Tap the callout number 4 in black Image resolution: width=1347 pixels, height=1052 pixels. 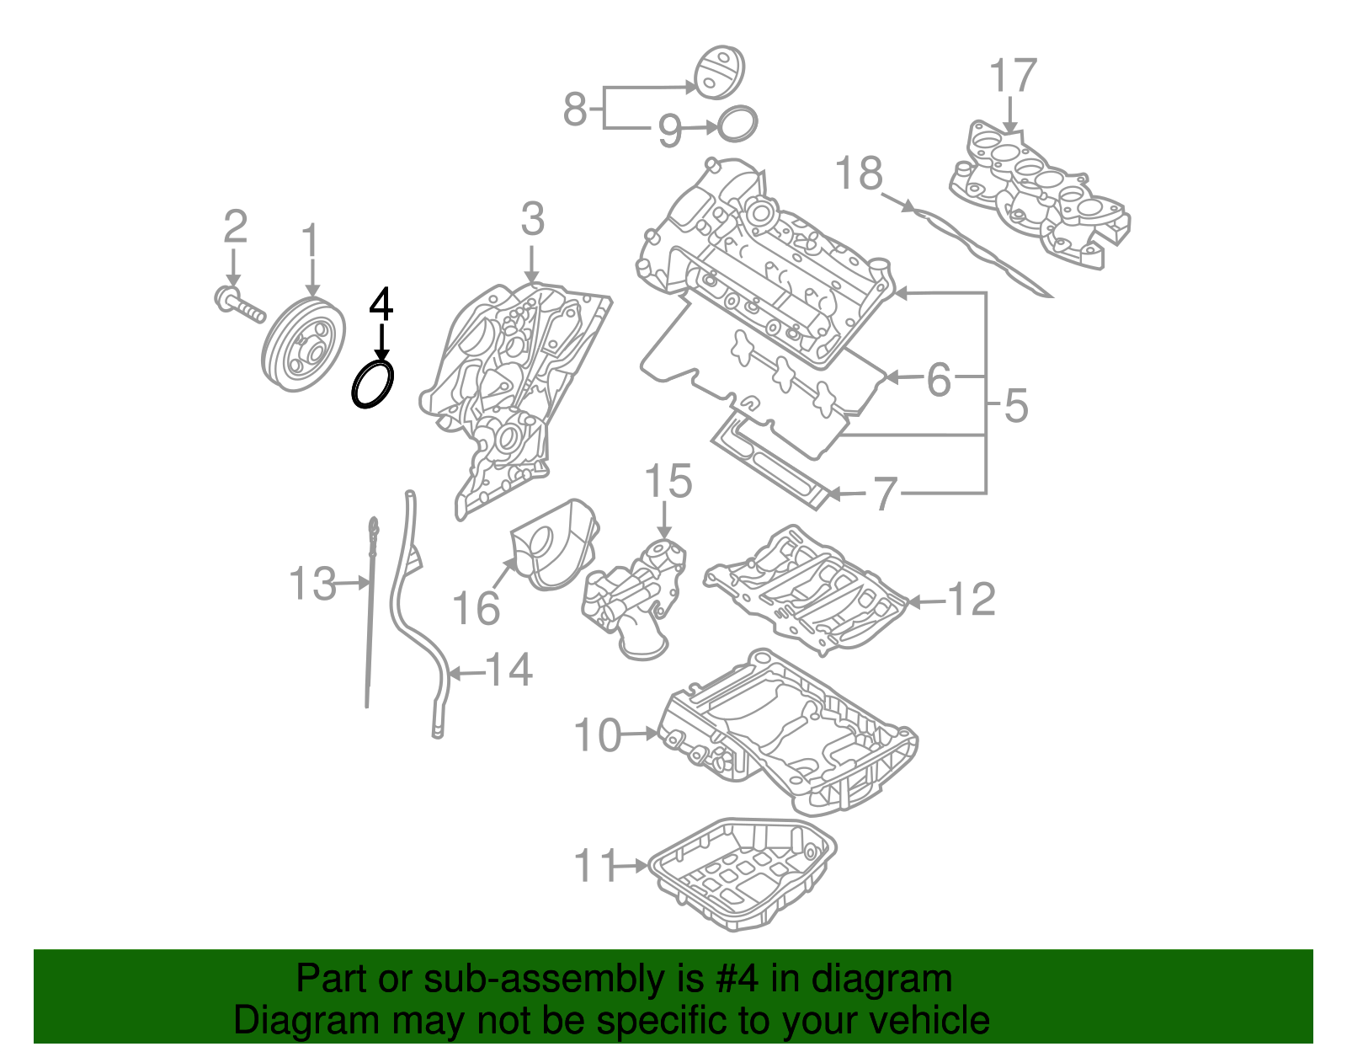pyautogui.click(x=381, y=304)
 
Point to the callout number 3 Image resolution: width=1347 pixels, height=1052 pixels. pyautogui.click(x=532, y=220)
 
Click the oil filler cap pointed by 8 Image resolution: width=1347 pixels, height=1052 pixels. pyautogui.click(x=718, y=72)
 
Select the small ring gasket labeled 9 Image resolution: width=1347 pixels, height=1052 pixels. pyautogui.click(x=738, y=124)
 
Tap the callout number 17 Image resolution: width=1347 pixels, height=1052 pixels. pyautogui.click(x=1012, y=76)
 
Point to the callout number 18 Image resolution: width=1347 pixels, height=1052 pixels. pyautogui.click(x=859, y=174)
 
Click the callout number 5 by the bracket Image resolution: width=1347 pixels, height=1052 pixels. pyautogui.click(x=1016, y=406)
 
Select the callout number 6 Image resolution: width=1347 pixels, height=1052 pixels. pyautogui.click(x=939, y=380)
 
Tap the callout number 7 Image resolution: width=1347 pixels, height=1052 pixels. pyautogui.click(x=885, y=494)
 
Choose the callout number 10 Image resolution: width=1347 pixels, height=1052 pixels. pyautogui.click(x=597, y=735)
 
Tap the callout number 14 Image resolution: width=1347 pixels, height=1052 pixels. pyautogui.click(x=509, y=670)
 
